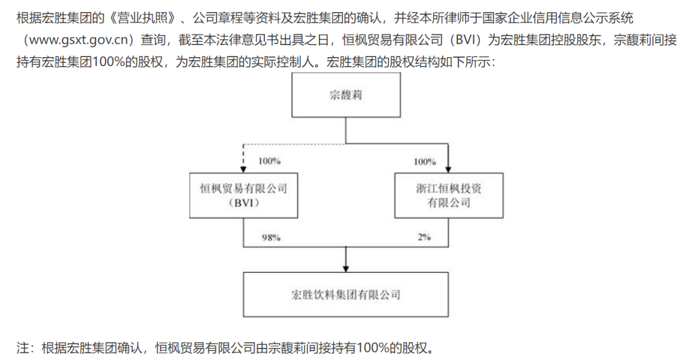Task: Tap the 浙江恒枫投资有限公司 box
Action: pos(448,195)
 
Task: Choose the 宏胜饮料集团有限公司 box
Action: pos(346,295)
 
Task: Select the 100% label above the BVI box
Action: pos(269,161)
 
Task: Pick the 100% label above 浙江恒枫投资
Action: pos(425,161)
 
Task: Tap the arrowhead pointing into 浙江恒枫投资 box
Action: pos(448,168)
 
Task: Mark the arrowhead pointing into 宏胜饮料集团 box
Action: pos(346,267)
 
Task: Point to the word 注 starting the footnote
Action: pos(22,347)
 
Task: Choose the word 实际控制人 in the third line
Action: pos(287,63)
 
